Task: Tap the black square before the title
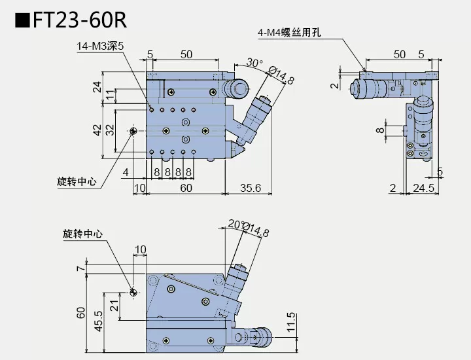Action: pyautogui.click(x=22, y=20)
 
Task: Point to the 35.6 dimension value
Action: pyautogui.click(x=251, y=188)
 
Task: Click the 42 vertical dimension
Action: pyautogui.click(x=97, y=130)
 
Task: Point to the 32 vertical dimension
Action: pyautogui.click(x=111, y=130)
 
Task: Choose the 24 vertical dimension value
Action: pyautogui.click(x=97, y=86)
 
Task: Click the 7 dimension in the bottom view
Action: pyautogui.click(x=80, y=268)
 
